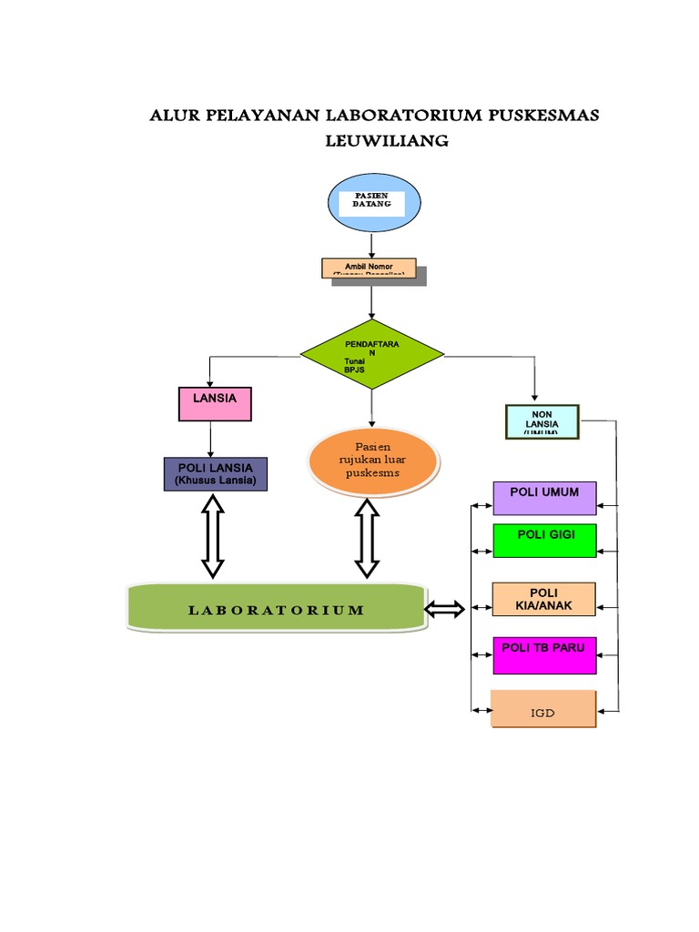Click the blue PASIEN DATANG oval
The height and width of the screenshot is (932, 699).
tap(373, 202)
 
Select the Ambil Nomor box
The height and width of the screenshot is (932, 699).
tap(369, 268)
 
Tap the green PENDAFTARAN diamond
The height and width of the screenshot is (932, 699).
tap(371, 355)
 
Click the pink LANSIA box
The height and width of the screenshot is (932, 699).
tap(214, 403)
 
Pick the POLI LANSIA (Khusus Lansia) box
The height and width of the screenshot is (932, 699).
tap(215, 474)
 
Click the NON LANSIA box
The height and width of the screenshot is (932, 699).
tap(542, 421)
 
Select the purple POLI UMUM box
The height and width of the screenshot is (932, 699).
tap(544, 498)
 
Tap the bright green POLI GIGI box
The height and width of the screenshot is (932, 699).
tap(544, 540)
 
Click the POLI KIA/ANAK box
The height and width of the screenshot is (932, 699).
tap(544, 599)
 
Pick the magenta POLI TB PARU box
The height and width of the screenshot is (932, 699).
tap(544, 654)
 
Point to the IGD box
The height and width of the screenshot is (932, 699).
tap(543, 709)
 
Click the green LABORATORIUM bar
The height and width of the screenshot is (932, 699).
tap(276, 609)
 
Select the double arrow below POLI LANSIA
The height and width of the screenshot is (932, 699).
tap(212, 536)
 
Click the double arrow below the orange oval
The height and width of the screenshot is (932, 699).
tap(367, 538)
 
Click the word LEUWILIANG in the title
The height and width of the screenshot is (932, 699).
tap(388, 141)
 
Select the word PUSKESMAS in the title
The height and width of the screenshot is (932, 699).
tap(544, 116)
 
